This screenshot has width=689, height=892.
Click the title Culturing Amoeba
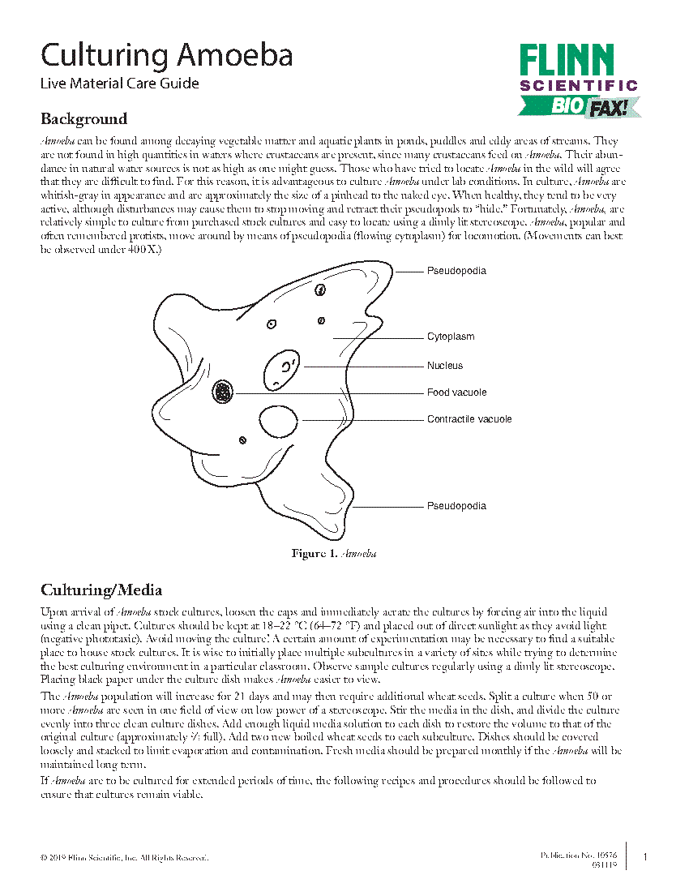[x=166, y=56]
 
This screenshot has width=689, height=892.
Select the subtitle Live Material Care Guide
[x=120, y=84]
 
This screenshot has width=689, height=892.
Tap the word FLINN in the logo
[x=567, y=62]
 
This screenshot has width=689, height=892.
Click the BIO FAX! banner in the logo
[x=580, y=105]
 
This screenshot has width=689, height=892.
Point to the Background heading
[x=84, y=119]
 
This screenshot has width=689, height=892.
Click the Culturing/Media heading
[x=101, y=590]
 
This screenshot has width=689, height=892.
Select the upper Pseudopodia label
[x=456, y=271]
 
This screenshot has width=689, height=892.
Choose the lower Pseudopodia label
[x=456, y=506]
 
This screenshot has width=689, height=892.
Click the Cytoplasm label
[x=451, y=337]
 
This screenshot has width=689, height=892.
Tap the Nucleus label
[x=445, y=366]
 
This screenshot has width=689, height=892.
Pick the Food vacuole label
[x=456, y=392]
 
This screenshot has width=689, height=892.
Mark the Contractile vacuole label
[x=469, y=419]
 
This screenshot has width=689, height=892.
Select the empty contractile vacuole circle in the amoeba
[x=277, y=420]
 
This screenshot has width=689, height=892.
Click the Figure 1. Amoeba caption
[x=333, y=554]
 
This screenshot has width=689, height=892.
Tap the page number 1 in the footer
[x=644, y=857]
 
